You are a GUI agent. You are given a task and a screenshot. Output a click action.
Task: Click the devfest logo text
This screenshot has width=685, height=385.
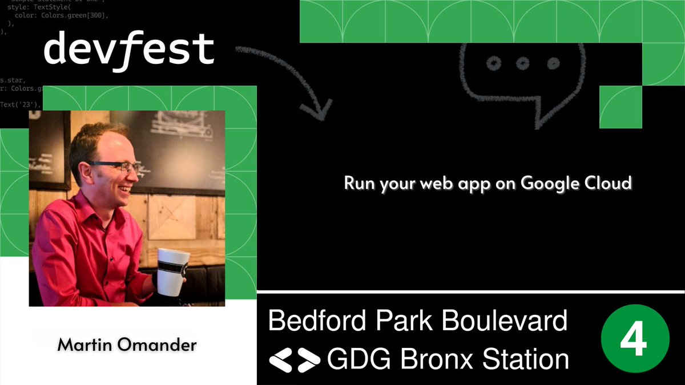pyautogui.click(x=129, y=50)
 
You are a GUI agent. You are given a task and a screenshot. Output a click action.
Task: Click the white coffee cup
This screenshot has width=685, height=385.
pyautogui.click(x=172, y=271)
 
